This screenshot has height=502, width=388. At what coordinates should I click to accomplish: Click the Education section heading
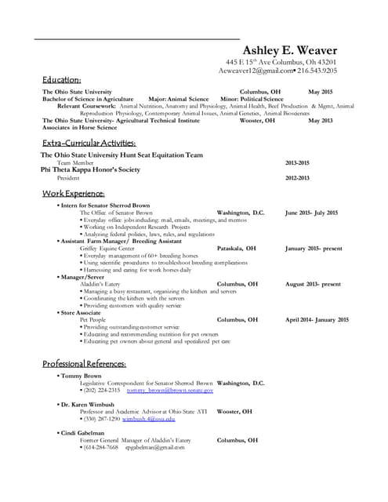(62, 80)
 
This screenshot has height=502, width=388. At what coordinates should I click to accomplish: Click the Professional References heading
(84, 365)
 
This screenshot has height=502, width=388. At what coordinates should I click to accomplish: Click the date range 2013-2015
(297, 162)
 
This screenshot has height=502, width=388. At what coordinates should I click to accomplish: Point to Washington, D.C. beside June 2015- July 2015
(240, 213)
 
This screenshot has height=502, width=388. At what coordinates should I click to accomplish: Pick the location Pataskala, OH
(236, 249)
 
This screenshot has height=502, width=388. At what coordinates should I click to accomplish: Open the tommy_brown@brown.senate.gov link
(169, 390)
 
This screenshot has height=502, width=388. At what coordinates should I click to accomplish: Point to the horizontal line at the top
(137, 38)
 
